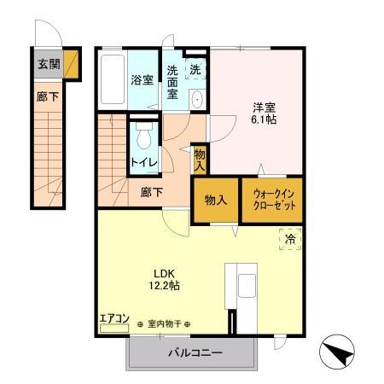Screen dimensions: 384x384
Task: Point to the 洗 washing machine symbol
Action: click(196, 69)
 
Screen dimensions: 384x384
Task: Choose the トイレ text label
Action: click(142, 160)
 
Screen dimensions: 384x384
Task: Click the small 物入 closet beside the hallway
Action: click(199, 157)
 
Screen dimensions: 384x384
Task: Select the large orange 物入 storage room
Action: click(215, 200)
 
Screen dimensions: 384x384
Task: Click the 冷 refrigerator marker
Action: click(290, 240)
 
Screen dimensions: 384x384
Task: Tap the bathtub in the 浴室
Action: click(112, 80)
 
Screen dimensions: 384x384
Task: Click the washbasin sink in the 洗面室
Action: click(198, 98)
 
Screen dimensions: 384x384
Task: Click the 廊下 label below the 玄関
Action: click(48, 97)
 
